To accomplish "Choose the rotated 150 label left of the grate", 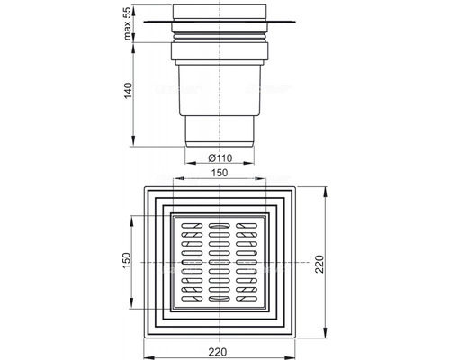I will (127, 261).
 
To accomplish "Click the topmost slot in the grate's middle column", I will (218, 223).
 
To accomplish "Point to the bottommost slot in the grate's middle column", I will (218, 297).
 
